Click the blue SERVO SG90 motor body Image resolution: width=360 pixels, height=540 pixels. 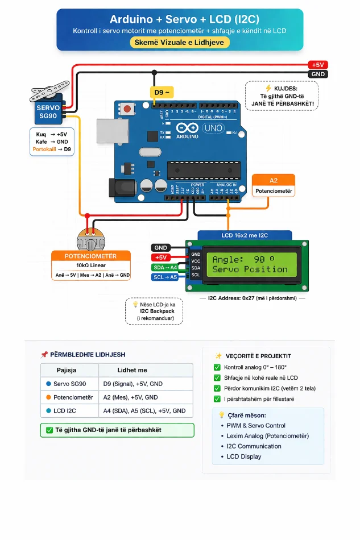point(48,111)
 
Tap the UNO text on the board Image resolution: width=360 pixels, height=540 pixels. point(213,128)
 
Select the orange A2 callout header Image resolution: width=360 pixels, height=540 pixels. point(274,180)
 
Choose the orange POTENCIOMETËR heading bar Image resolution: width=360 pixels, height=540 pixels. point(90,256)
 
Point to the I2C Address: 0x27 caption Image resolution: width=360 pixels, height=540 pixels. point(253,298)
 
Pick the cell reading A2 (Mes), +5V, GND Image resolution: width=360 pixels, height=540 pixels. point(130,397)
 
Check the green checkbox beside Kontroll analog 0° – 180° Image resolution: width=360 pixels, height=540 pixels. point(217,367)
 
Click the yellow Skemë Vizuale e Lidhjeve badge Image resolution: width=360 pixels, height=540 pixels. point(180,43)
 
